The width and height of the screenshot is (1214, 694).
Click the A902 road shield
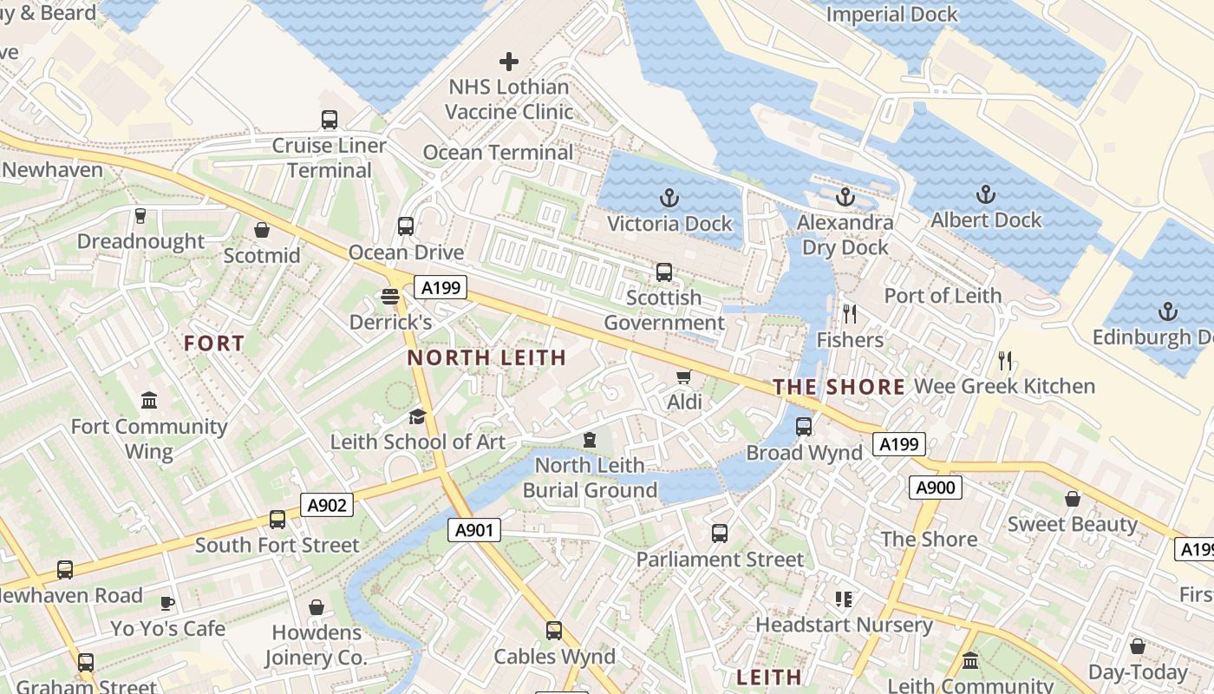(x=327, y=505)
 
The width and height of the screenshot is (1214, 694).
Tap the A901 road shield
(x=474, y=529)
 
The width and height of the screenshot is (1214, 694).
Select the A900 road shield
(x=936, y=488)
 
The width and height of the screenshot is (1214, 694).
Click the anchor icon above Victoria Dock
(x=669, y=198)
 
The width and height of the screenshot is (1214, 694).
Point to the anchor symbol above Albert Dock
(x=985, y=193)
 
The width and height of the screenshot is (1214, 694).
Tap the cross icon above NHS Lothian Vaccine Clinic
(x=509, y=62)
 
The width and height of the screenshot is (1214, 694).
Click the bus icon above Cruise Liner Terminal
(x=329, y=120)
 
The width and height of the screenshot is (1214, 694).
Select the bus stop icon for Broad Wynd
(x=804, y=427)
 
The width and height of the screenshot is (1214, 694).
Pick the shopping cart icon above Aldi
(x=684, y=376)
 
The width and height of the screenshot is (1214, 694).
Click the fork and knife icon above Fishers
(x=850, y=313)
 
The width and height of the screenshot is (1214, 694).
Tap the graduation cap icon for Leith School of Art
(x=417, y=416)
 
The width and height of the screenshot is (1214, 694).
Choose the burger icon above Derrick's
(x=390, y=297)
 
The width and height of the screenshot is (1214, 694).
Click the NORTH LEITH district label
(x=486, y=357)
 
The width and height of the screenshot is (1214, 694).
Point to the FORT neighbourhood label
(x=214, y=344)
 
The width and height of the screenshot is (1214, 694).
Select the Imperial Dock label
(x=891, y=15)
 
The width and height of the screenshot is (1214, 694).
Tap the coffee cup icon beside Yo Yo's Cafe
(x=167, y=603)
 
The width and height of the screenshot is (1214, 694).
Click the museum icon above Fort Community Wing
(x=149, y=401)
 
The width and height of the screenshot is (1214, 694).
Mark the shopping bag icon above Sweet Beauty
(x=1073, y=499)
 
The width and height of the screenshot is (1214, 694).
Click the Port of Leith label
(x=943, y=296)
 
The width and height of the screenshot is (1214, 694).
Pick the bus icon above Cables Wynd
(x=554, y=631)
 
